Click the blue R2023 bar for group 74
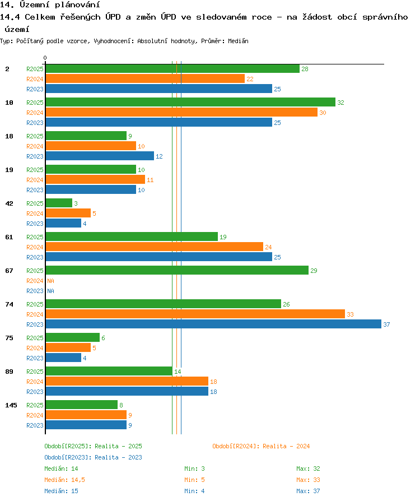pyautogui.click(x=213, y=324)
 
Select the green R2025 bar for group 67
pyautogui.click(x=177, y=270)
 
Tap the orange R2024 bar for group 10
pyautogui.click(x=181, y=112)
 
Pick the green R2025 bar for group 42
pyautogui.click(x=59, y=203)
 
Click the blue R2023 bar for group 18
pyautogui.click(x=100, y=156)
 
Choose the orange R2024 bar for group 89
pyautogui.click(x=127, y=381)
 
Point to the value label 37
pyautogui.click(x=386, y=324)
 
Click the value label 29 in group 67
pyautogui.click(x=314, y=271)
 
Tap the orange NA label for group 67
pyautogui.click(x=50, y=281)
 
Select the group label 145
pyautogui.click(x=11, y=405)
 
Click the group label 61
pyautogui.click(x=10, y=237)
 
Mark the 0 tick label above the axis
pyautogui.click(x=45, y=58)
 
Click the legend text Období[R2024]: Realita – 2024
pyautogui.click(x=261, y=446)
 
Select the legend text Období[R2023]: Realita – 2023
pyautogui.click(x=94, y=457)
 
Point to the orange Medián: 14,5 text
pyautogui.click(x=64, y=480)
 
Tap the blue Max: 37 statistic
pyautogui.click(x=308, y=491)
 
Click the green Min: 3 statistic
pyautogui.click(x=194, y=468)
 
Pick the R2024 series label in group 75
pyautogui.click(x=35, y=348)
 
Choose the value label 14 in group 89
pyautogui.click(x=178, y=372)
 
